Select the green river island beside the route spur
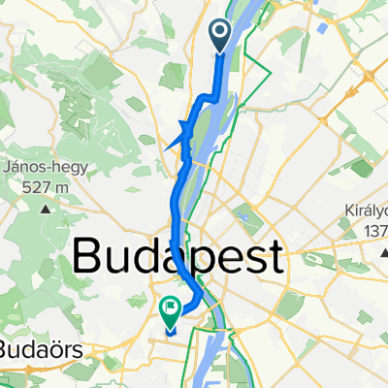[x=199, y=136]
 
